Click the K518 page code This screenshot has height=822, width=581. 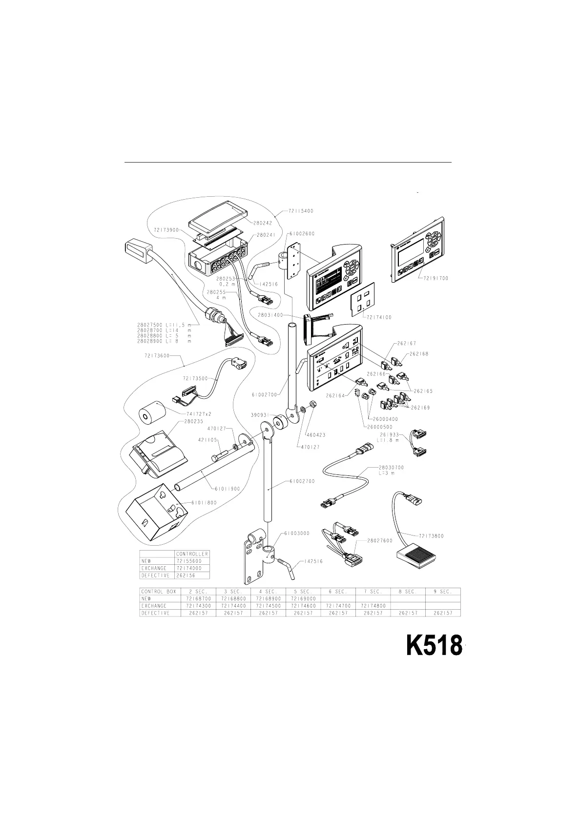(x=434, y=646)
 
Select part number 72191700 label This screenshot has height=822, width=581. (x=433, y=278)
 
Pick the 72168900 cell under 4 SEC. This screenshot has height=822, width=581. (x=268, y=598)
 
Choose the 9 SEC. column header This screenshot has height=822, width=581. (x=442, y=591)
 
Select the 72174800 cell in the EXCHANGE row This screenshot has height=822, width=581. (x=373, y=606)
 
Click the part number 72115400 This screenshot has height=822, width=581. (x=300, y=211)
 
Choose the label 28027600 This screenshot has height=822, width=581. (x=380, y=540)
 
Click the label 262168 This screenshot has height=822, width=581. (x=419, y=354)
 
